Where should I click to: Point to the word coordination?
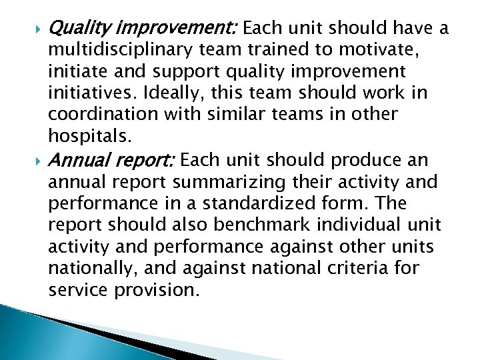pyautogui.click(x=107, y=114)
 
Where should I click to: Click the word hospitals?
pyautogui.click(x=90, y=136)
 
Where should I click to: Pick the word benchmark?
pyautogui.click(x=262, y=224)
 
